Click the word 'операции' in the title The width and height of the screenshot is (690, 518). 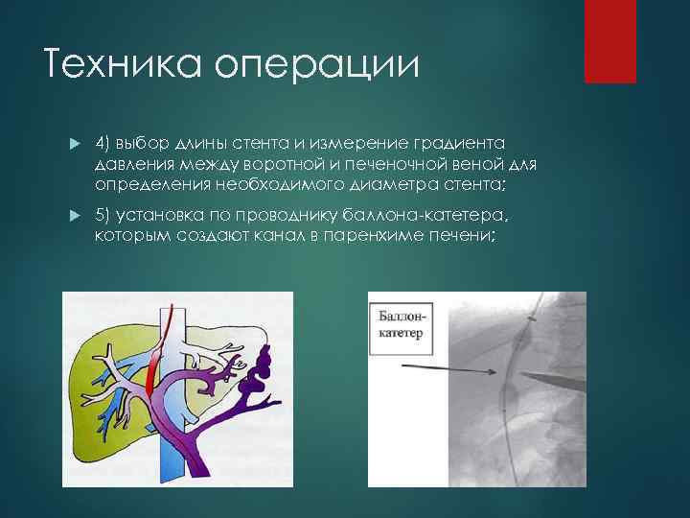click(317, 65)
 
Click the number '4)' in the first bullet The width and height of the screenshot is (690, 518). click(104, 143)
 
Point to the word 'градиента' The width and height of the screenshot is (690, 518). click(471, 143)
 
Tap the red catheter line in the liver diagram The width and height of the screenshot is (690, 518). click(165, 331)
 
